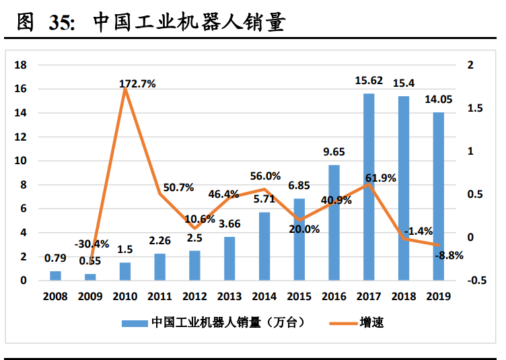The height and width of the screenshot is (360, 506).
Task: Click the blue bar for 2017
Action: (x=369, y=186)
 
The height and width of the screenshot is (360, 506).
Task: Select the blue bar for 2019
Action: (x=439, y=196)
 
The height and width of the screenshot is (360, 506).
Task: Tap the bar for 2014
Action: (x=264, y=246)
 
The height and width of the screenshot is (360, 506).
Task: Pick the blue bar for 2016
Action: (x=334, y=222)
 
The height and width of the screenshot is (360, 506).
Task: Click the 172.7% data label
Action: (x=137, y=84)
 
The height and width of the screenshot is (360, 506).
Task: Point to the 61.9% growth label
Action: (x=380, y=178)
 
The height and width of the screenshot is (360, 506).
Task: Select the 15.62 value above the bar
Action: (x=369, y=81)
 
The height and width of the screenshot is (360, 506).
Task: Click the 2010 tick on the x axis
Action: (x=124, y=296)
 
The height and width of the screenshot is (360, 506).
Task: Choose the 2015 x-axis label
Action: (x=299, y=296)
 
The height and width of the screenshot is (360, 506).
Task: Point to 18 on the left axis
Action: (x=21, y=65)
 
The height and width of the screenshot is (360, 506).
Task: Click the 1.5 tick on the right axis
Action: (x=476, y=108)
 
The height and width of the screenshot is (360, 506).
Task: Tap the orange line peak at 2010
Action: (x=125, y=89)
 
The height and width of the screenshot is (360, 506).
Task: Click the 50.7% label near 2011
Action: (x=178, y=188)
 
